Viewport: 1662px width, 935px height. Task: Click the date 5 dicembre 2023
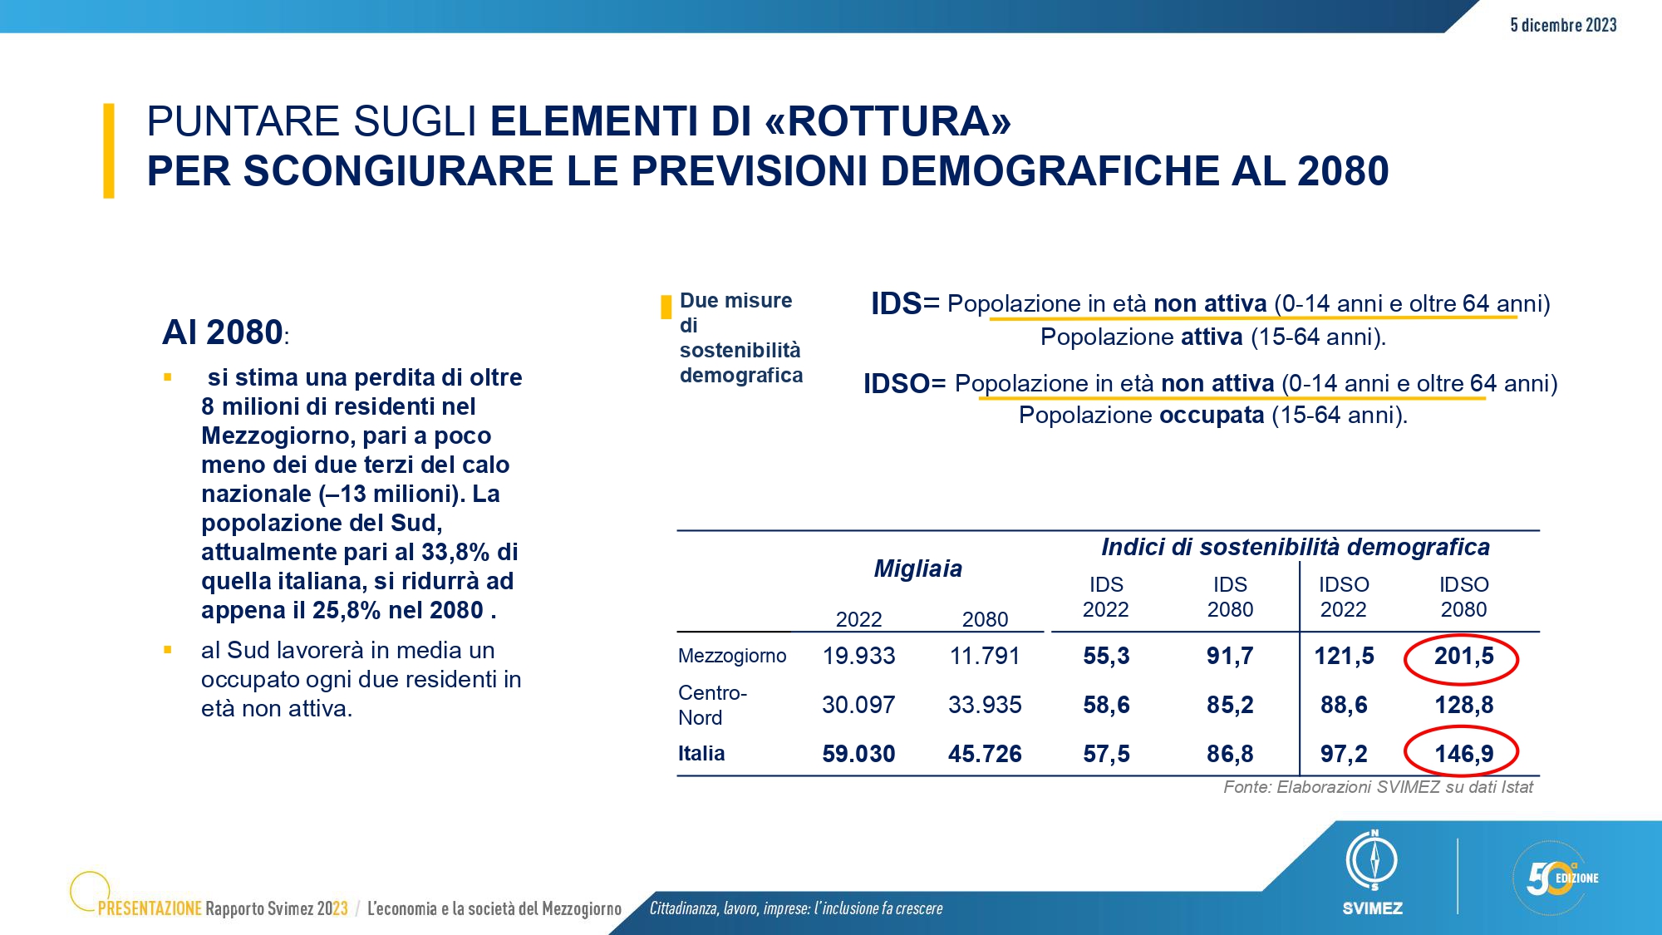tap(1563, 25)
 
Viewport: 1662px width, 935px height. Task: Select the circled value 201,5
tap(1463, 657)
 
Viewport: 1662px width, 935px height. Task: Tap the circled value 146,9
tap(1463, 754)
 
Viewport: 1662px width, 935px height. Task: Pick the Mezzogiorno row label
tap(732, 656)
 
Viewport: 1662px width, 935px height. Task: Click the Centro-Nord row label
tap(712, 705)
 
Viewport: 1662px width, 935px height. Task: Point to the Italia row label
tap(701, 753)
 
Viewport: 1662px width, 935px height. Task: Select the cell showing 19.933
tap(858, 657)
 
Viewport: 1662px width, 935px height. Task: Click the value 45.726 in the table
tap(985, 754)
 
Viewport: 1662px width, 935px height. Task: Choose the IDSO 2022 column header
tap(1344, 597)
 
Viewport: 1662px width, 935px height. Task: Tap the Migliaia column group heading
tap(918, 568)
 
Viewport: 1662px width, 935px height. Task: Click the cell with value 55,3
tap(1106, 657)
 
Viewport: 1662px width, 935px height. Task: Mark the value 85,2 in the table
tap(1230, 705)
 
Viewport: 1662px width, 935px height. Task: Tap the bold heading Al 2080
tap(223, 332)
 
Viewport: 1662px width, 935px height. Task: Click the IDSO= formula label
tap(904, 384)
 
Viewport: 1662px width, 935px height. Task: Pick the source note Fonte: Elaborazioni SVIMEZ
tap(1378, 787)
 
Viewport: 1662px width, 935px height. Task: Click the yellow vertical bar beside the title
tap(108, 150)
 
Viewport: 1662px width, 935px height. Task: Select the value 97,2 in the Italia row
tap(1344, 754)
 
